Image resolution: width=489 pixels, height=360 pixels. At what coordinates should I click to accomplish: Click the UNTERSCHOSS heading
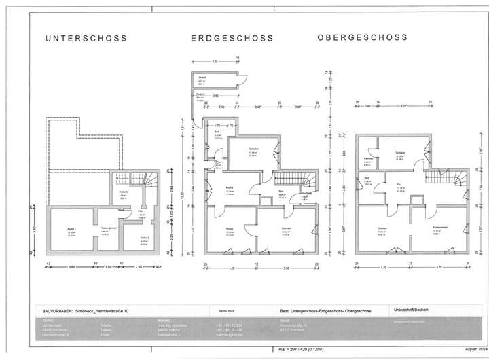tap(86, 39)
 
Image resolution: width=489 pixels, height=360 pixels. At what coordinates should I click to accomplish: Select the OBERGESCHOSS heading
tap(362, 38)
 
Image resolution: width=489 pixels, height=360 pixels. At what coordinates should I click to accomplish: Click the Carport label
tap(200, 95)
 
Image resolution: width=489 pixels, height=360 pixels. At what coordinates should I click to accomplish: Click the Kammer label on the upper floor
tap(367, 159)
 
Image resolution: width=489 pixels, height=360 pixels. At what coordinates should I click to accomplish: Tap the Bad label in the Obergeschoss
tap(368, 180)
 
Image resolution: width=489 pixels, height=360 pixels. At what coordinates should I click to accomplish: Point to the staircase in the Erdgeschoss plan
tap(304, 183)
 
